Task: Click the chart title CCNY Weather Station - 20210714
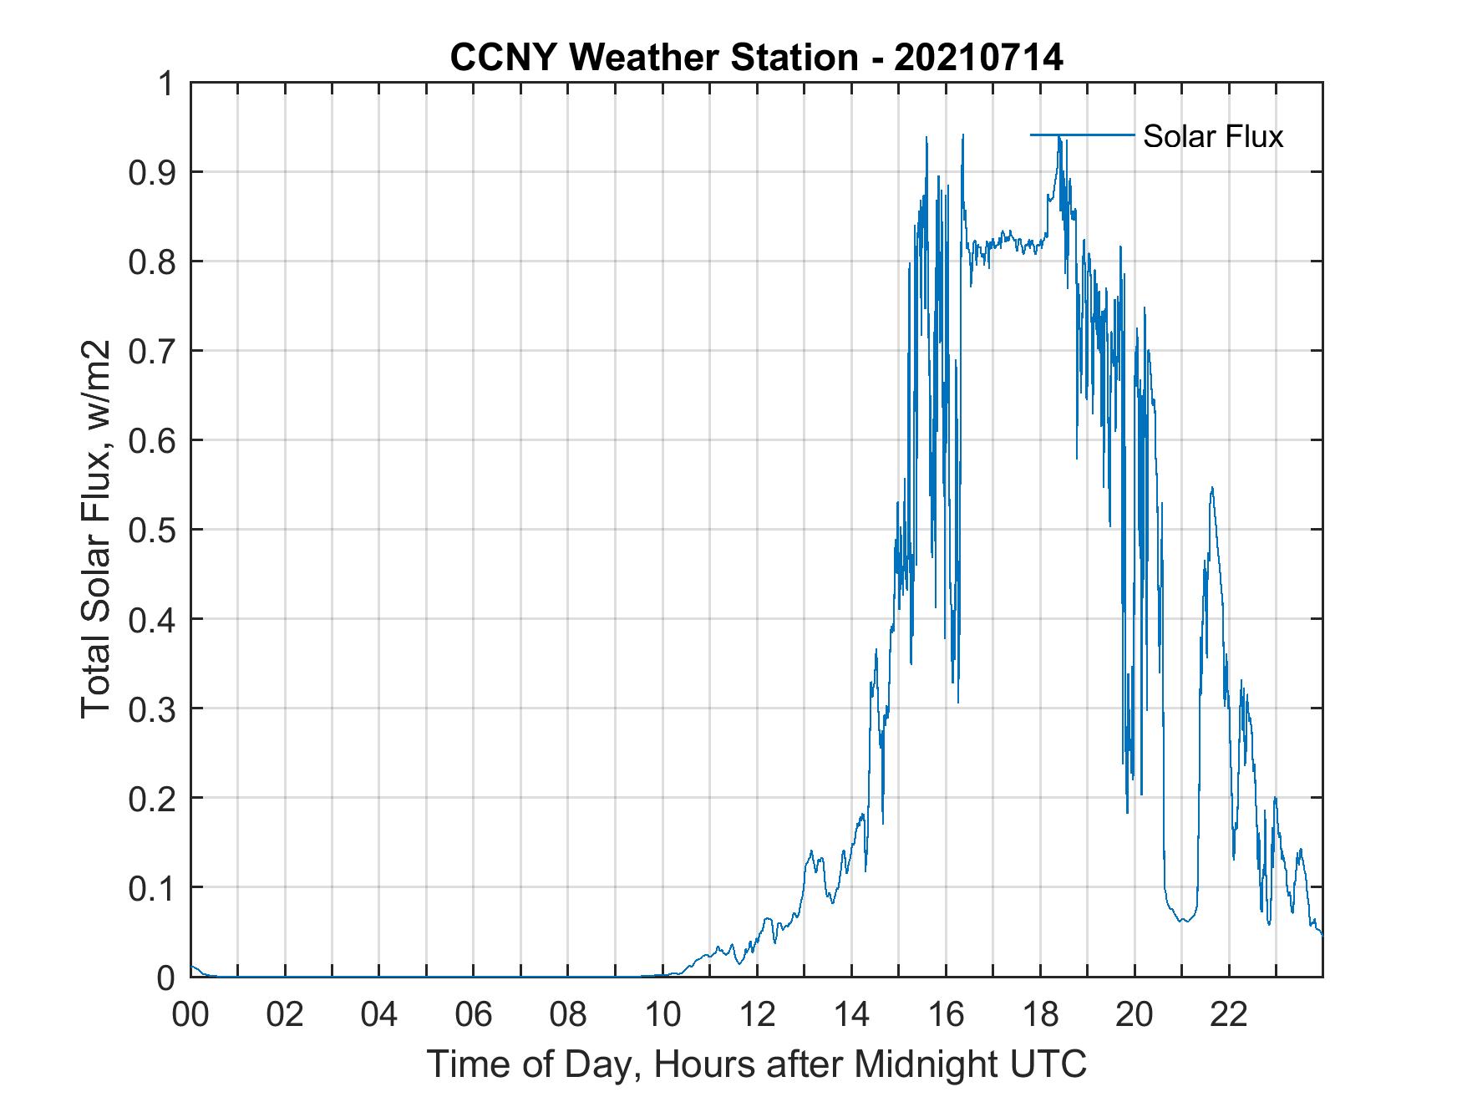tap(756, 58)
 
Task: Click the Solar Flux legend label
tap(1212, 136)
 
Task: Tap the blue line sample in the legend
tap(1082, 135)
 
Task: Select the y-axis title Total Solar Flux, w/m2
tap(96, 528)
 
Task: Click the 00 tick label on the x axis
tap(190, 1015)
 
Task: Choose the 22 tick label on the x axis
tap(1229, 1015)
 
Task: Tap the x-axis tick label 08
tap(568, 1015)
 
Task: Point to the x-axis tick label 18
tap(1040, 1015)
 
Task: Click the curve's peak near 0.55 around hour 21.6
tap(1211, 488)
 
